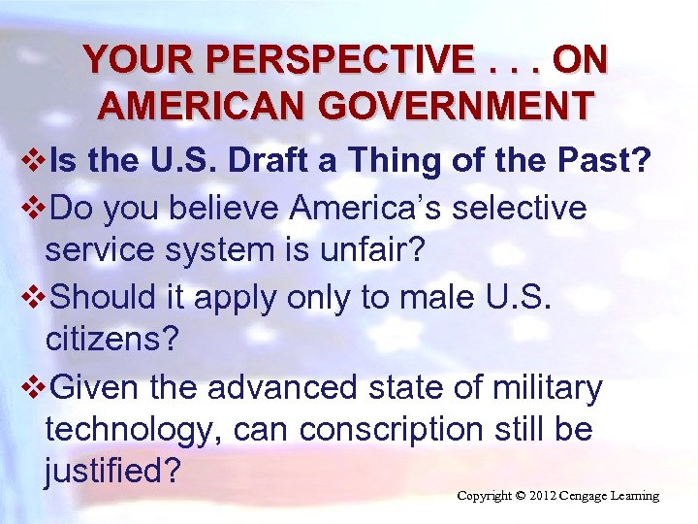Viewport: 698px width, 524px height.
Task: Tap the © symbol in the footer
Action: click(x=521, y=496)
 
